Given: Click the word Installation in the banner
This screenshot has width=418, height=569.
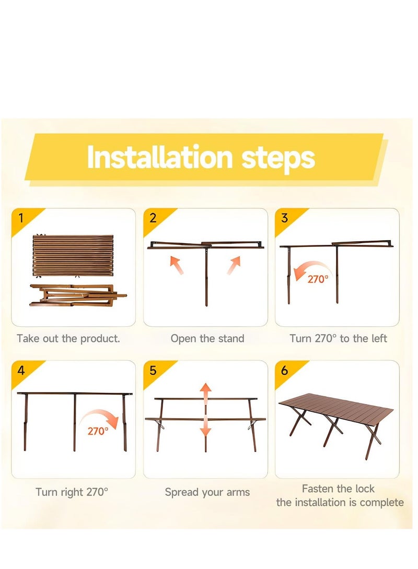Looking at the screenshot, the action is click(159, 157).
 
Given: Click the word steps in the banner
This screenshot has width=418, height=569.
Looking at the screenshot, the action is click(278, 159).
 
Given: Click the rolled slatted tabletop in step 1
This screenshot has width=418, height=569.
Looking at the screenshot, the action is click(73, 255).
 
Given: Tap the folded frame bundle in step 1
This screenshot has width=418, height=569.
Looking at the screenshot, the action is click(78, 295).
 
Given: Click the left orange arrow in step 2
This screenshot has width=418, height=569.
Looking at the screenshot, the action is click(177, 265).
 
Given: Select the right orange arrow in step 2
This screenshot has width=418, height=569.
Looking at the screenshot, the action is click(234, 265).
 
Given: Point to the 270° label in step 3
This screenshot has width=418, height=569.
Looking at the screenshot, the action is click(318, 279).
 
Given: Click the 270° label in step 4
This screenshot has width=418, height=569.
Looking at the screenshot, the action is click(98, 431).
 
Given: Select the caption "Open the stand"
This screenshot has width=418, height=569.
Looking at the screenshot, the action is click(207, 339).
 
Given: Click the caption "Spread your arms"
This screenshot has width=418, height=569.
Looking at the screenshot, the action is click(207, 492).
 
